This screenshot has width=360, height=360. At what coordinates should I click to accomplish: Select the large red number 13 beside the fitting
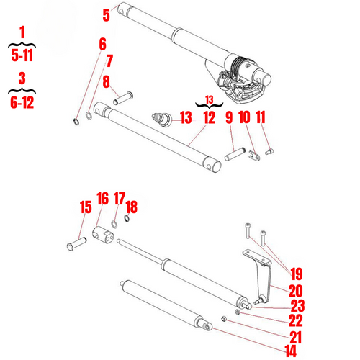click(186, 117)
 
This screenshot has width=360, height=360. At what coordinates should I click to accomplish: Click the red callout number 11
click(261, 117)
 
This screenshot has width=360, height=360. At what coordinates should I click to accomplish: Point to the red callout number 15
click(86, 207)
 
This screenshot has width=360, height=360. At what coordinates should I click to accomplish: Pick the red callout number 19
click(296, 273)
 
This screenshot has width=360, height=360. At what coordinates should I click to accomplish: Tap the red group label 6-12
click(22, 101)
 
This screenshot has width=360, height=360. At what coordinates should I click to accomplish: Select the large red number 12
click(210, 117)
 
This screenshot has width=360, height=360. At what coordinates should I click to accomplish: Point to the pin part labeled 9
click(235, 154)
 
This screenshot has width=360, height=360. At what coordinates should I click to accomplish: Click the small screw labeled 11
click(270, 150)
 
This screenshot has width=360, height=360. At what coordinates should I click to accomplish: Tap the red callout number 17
click(120, 197)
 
